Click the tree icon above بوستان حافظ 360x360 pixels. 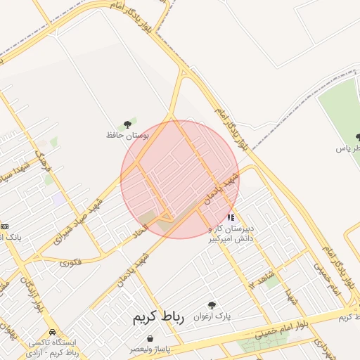[127, 124]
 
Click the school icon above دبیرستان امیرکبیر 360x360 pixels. [231, 218]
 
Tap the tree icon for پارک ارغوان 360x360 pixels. [212, 306]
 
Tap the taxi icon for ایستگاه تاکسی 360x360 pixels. [52, 332]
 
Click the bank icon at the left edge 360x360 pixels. [5, 226]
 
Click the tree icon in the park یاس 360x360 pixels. [357, 137]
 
